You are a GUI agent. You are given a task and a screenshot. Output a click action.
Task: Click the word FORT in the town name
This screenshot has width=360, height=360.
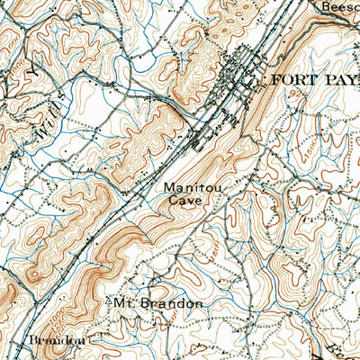tap(290, 79)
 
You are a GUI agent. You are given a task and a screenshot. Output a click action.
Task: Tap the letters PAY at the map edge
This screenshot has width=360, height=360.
tap(337, 79)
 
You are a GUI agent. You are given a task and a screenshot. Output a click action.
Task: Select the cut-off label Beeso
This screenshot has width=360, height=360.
tap(340, 5)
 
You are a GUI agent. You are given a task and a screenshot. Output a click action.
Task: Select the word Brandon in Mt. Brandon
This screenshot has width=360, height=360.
tap(170, 303)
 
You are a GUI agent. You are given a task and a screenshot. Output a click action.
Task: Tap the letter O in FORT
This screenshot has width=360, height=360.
tap(283, 79)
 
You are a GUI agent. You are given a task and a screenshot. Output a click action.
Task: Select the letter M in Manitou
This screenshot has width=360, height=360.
tap(168, 190)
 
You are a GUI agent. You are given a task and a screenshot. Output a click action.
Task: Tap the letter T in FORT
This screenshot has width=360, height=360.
tap(303, 79)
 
